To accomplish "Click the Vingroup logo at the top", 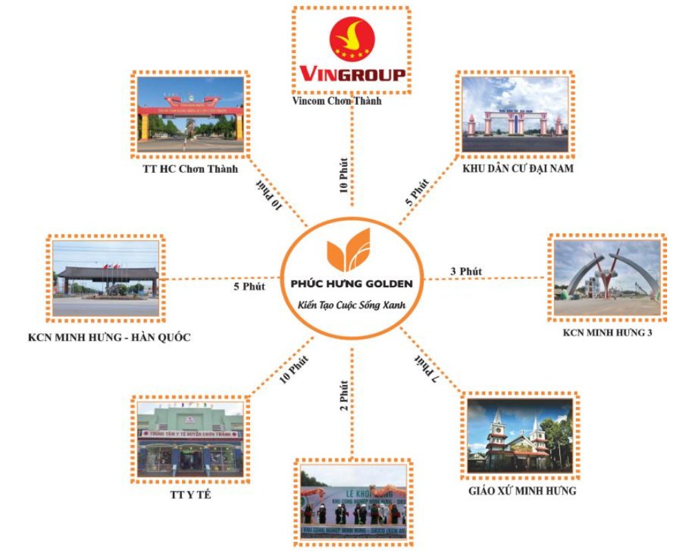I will pos(351,50).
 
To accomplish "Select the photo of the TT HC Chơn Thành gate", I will pos(190,113).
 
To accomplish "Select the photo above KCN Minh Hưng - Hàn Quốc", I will pos(106,278).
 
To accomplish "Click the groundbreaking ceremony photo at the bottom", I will pos(352,501).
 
